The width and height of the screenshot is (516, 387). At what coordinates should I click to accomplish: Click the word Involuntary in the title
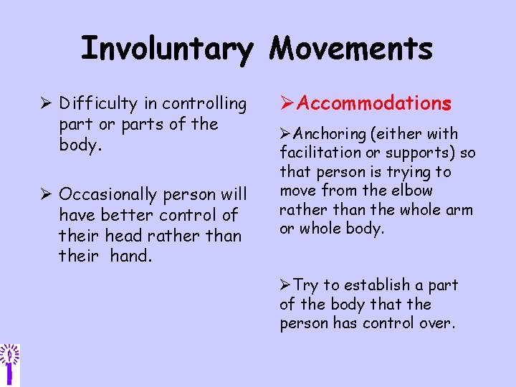coord(166,49)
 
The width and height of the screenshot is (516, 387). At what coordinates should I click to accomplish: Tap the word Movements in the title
coord(351,48)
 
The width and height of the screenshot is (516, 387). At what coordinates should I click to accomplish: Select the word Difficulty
coord(98,105)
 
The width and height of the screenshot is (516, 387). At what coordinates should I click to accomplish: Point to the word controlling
coord(205,105)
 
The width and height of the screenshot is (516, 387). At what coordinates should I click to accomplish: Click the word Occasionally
coord(108,195)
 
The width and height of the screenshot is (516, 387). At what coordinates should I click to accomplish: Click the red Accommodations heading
coord(373,104)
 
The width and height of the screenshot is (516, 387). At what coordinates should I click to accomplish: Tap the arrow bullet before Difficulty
coord(47,105)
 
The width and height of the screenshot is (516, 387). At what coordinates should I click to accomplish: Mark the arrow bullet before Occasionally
coord(47,195)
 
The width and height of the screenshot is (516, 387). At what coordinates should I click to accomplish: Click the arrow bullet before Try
coord(286,285)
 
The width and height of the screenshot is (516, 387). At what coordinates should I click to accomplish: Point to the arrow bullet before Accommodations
coord(286,104)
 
